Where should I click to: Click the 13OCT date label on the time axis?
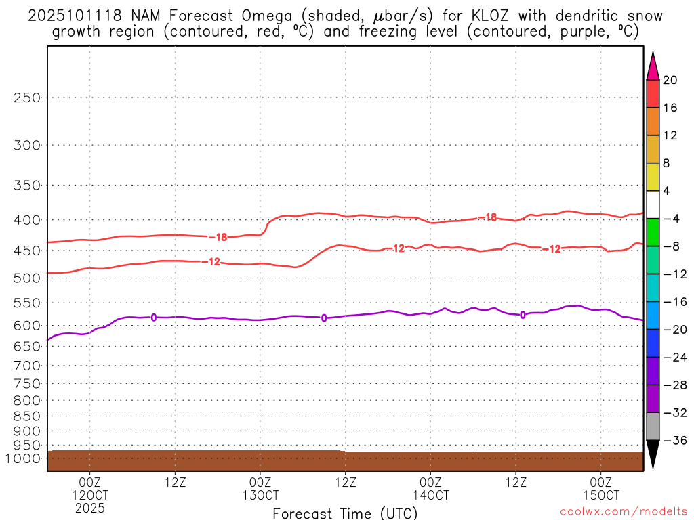coord(260,494)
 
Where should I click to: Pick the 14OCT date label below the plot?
coord(430,494)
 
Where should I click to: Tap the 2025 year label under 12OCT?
coord(89,506)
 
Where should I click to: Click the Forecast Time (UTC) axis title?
coord(345,513)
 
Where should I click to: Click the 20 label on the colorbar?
coord(670,80)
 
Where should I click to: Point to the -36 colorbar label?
coord(674,440)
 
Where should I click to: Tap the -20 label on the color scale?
coord(674,329)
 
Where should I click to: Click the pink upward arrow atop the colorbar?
coord(653,66)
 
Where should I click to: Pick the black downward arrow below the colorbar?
coord(653,454)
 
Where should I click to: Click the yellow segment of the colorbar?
coord(653,177)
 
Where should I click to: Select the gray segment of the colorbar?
coord(653,426)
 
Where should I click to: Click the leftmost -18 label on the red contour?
coord(218,238)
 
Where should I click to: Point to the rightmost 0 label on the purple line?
coord(522,314)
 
